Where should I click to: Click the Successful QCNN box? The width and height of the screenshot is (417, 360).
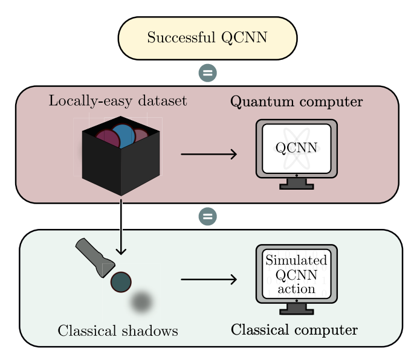pos(207,38)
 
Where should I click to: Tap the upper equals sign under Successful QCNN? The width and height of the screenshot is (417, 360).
pos(207,73)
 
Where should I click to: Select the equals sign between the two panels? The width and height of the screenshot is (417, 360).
pos(207,216)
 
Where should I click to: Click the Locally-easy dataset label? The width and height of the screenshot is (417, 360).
pos(118,101)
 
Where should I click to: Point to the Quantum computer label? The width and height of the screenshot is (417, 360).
pos(297,101)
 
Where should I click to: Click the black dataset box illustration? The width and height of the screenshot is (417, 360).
pos(121,163)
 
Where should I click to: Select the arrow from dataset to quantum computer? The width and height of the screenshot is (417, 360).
pos(208,154)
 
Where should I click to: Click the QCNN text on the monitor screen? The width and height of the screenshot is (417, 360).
pos(296,148)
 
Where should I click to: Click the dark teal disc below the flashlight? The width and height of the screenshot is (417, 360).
pos(121,282)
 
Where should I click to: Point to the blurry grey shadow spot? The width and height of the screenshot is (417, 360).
pos(143,302)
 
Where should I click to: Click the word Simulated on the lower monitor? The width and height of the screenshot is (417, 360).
pos(296,261)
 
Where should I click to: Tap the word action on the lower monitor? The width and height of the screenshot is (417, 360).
pos(296,289)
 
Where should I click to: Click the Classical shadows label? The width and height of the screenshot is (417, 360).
pos(118,331)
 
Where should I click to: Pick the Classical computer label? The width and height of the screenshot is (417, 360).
pos(294,330)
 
